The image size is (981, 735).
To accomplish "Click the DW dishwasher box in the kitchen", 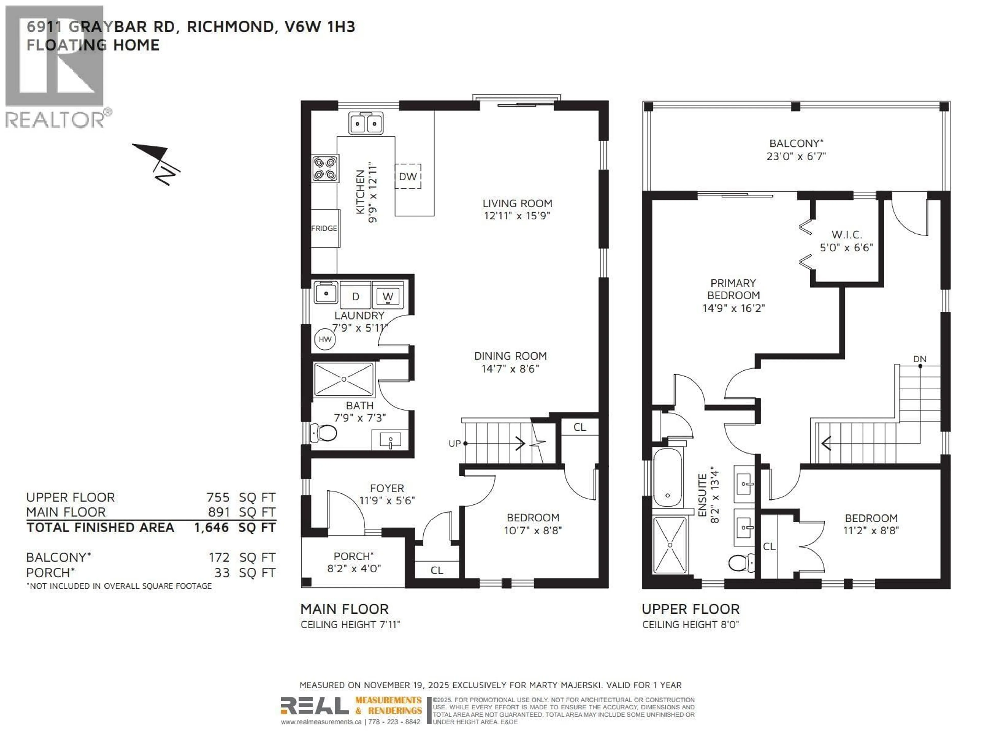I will click(407, 176).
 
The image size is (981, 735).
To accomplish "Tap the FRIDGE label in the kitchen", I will click(324, 228).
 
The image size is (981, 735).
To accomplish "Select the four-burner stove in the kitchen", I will click(325, 168).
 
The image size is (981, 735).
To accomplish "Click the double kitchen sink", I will click(366, 123).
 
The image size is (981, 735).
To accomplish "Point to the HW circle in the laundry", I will click(325, 339).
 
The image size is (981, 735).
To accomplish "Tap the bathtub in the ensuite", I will click(668, 477).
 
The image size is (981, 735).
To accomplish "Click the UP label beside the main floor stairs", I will click(454, 444).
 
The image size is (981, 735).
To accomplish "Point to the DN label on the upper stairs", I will click(919, 359).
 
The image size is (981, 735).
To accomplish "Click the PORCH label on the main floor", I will click(354, 556).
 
